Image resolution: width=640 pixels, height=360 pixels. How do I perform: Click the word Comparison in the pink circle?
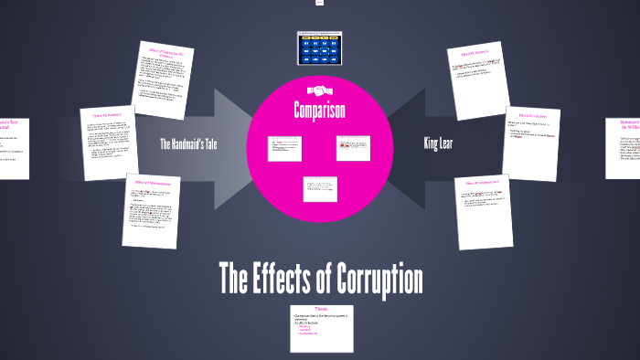pos(320,111)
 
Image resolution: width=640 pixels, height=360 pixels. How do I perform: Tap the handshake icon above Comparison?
pos(320,90)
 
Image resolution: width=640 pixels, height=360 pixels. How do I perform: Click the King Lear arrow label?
pos(439,143)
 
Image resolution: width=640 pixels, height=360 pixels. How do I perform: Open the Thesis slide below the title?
pos(319,328)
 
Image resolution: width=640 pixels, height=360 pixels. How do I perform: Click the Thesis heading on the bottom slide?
pos(319,309)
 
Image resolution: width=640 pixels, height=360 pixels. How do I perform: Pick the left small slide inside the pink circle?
pos(284,148)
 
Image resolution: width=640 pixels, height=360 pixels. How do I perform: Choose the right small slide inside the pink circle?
pos(354,148)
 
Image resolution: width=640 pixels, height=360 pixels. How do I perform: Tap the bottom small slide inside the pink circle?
pos(320,188)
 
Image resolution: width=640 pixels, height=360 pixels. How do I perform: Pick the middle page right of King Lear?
pos(531,143)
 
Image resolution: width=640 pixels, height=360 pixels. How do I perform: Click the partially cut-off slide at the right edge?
pos(624,147)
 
